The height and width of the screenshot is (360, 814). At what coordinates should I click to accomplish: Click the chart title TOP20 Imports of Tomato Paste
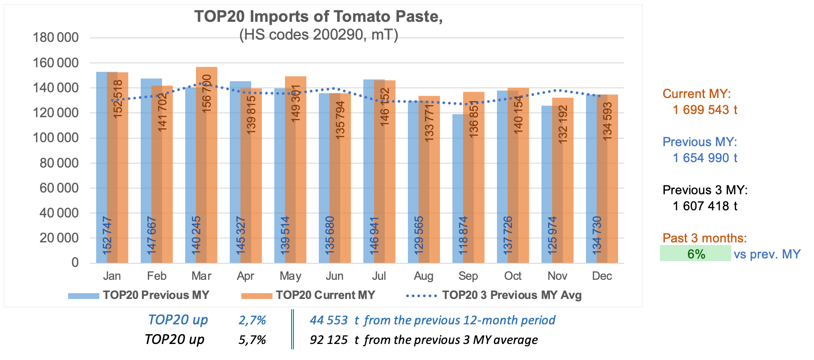(x=318, y=16)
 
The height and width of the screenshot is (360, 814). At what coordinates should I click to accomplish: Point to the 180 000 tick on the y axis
(x=56, y=38)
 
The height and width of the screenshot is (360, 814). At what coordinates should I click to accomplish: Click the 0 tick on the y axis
(x=75, y=262)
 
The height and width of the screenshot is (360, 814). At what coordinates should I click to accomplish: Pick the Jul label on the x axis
(x=379, y=276)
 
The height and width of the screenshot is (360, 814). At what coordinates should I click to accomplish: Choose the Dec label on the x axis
(x=602, y=276)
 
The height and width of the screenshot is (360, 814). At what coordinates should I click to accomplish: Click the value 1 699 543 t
(x=705, y=110)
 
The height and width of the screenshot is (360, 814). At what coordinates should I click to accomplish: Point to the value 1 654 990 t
(x=705, y=158)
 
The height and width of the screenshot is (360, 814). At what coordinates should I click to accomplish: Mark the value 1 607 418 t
(x=705, y=206)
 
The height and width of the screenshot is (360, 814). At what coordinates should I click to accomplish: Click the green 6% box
(x=695, y=254)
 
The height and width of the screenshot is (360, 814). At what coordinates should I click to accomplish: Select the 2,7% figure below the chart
(x=252, y=320)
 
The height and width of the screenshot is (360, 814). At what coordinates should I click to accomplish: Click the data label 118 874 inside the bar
(x=463, y=235)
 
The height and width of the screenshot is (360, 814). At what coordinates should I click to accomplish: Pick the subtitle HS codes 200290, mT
(x=318, y=34)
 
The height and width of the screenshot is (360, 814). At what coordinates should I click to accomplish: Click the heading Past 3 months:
(x=704, y=238)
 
